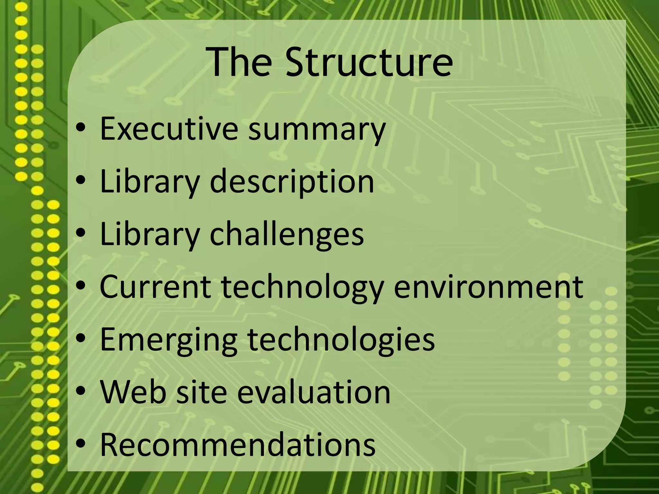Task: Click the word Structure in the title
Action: click(369, 62)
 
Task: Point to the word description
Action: click(292, 182)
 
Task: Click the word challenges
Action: click(287, 234)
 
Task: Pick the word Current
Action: click(155, 286)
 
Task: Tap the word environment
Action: click(488, 286)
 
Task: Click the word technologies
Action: click(341, 340)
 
